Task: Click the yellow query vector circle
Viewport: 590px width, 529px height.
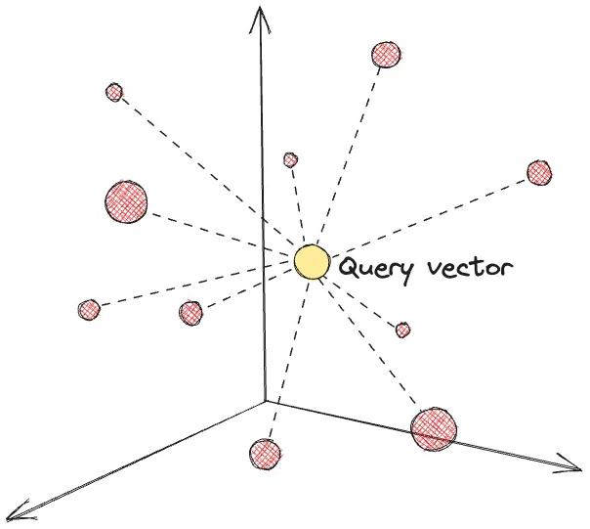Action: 312,262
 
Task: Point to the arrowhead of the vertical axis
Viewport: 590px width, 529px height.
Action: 259,12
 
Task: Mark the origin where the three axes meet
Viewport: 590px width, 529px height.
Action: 265,400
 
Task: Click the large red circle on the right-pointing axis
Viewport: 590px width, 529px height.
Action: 434,427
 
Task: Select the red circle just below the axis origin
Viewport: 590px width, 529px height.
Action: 266,454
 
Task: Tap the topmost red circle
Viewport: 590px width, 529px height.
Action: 387,54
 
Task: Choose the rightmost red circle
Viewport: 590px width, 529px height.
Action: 539,172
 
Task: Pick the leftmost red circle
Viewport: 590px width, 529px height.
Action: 89,310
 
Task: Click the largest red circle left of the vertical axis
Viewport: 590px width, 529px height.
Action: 126,200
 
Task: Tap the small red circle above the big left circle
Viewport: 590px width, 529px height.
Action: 114,92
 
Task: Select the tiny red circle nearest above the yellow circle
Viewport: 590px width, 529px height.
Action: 290,159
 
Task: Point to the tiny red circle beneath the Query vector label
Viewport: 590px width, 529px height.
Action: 403,331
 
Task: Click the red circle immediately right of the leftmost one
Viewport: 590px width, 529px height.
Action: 190,313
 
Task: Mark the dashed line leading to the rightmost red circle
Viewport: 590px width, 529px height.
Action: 430,215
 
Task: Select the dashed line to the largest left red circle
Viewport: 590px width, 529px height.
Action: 215,230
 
